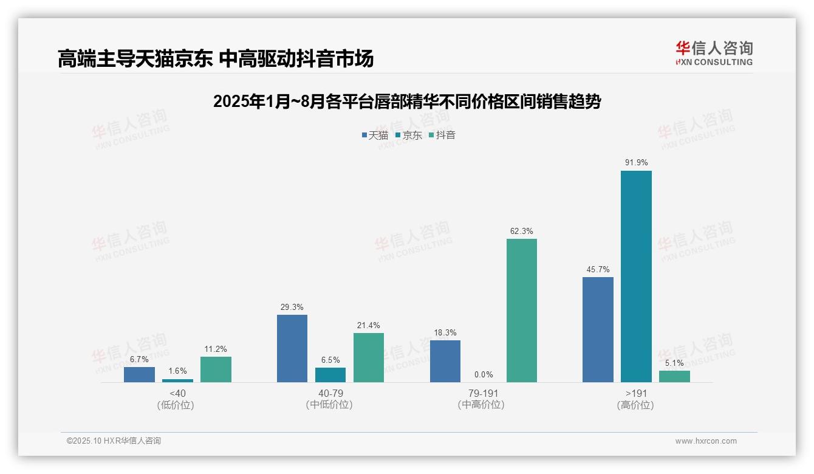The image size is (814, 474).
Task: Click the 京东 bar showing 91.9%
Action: coord(636,276)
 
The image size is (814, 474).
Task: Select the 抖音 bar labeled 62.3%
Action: coord(522,311)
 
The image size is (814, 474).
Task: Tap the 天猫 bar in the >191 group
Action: coord(598,330)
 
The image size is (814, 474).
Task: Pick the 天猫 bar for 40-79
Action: coord(292,349)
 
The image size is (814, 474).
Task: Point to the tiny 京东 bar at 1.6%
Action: coord(177,380)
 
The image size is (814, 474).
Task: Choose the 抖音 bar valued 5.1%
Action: coord(674,377)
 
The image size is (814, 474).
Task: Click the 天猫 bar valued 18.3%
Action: coord(445,362)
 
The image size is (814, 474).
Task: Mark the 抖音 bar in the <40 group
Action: coord(216,369)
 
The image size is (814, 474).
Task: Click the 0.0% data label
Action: coord(484,375)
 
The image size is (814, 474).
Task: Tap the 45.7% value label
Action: coord(598,269)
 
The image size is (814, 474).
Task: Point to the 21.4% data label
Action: coord(369,325)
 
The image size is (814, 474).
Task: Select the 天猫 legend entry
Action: coord(375,136)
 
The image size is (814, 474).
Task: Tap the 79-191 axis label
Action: coord(484,394)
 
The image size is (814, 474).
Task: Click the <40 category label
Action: coord(177,394)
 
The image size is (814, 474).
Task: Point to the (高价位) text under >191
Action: coord(636,405)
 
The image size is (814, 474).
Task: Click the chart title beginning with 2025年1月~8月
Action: coord(407,101)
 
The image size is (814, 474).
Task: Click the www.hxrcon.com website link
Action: coord(706,441)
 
